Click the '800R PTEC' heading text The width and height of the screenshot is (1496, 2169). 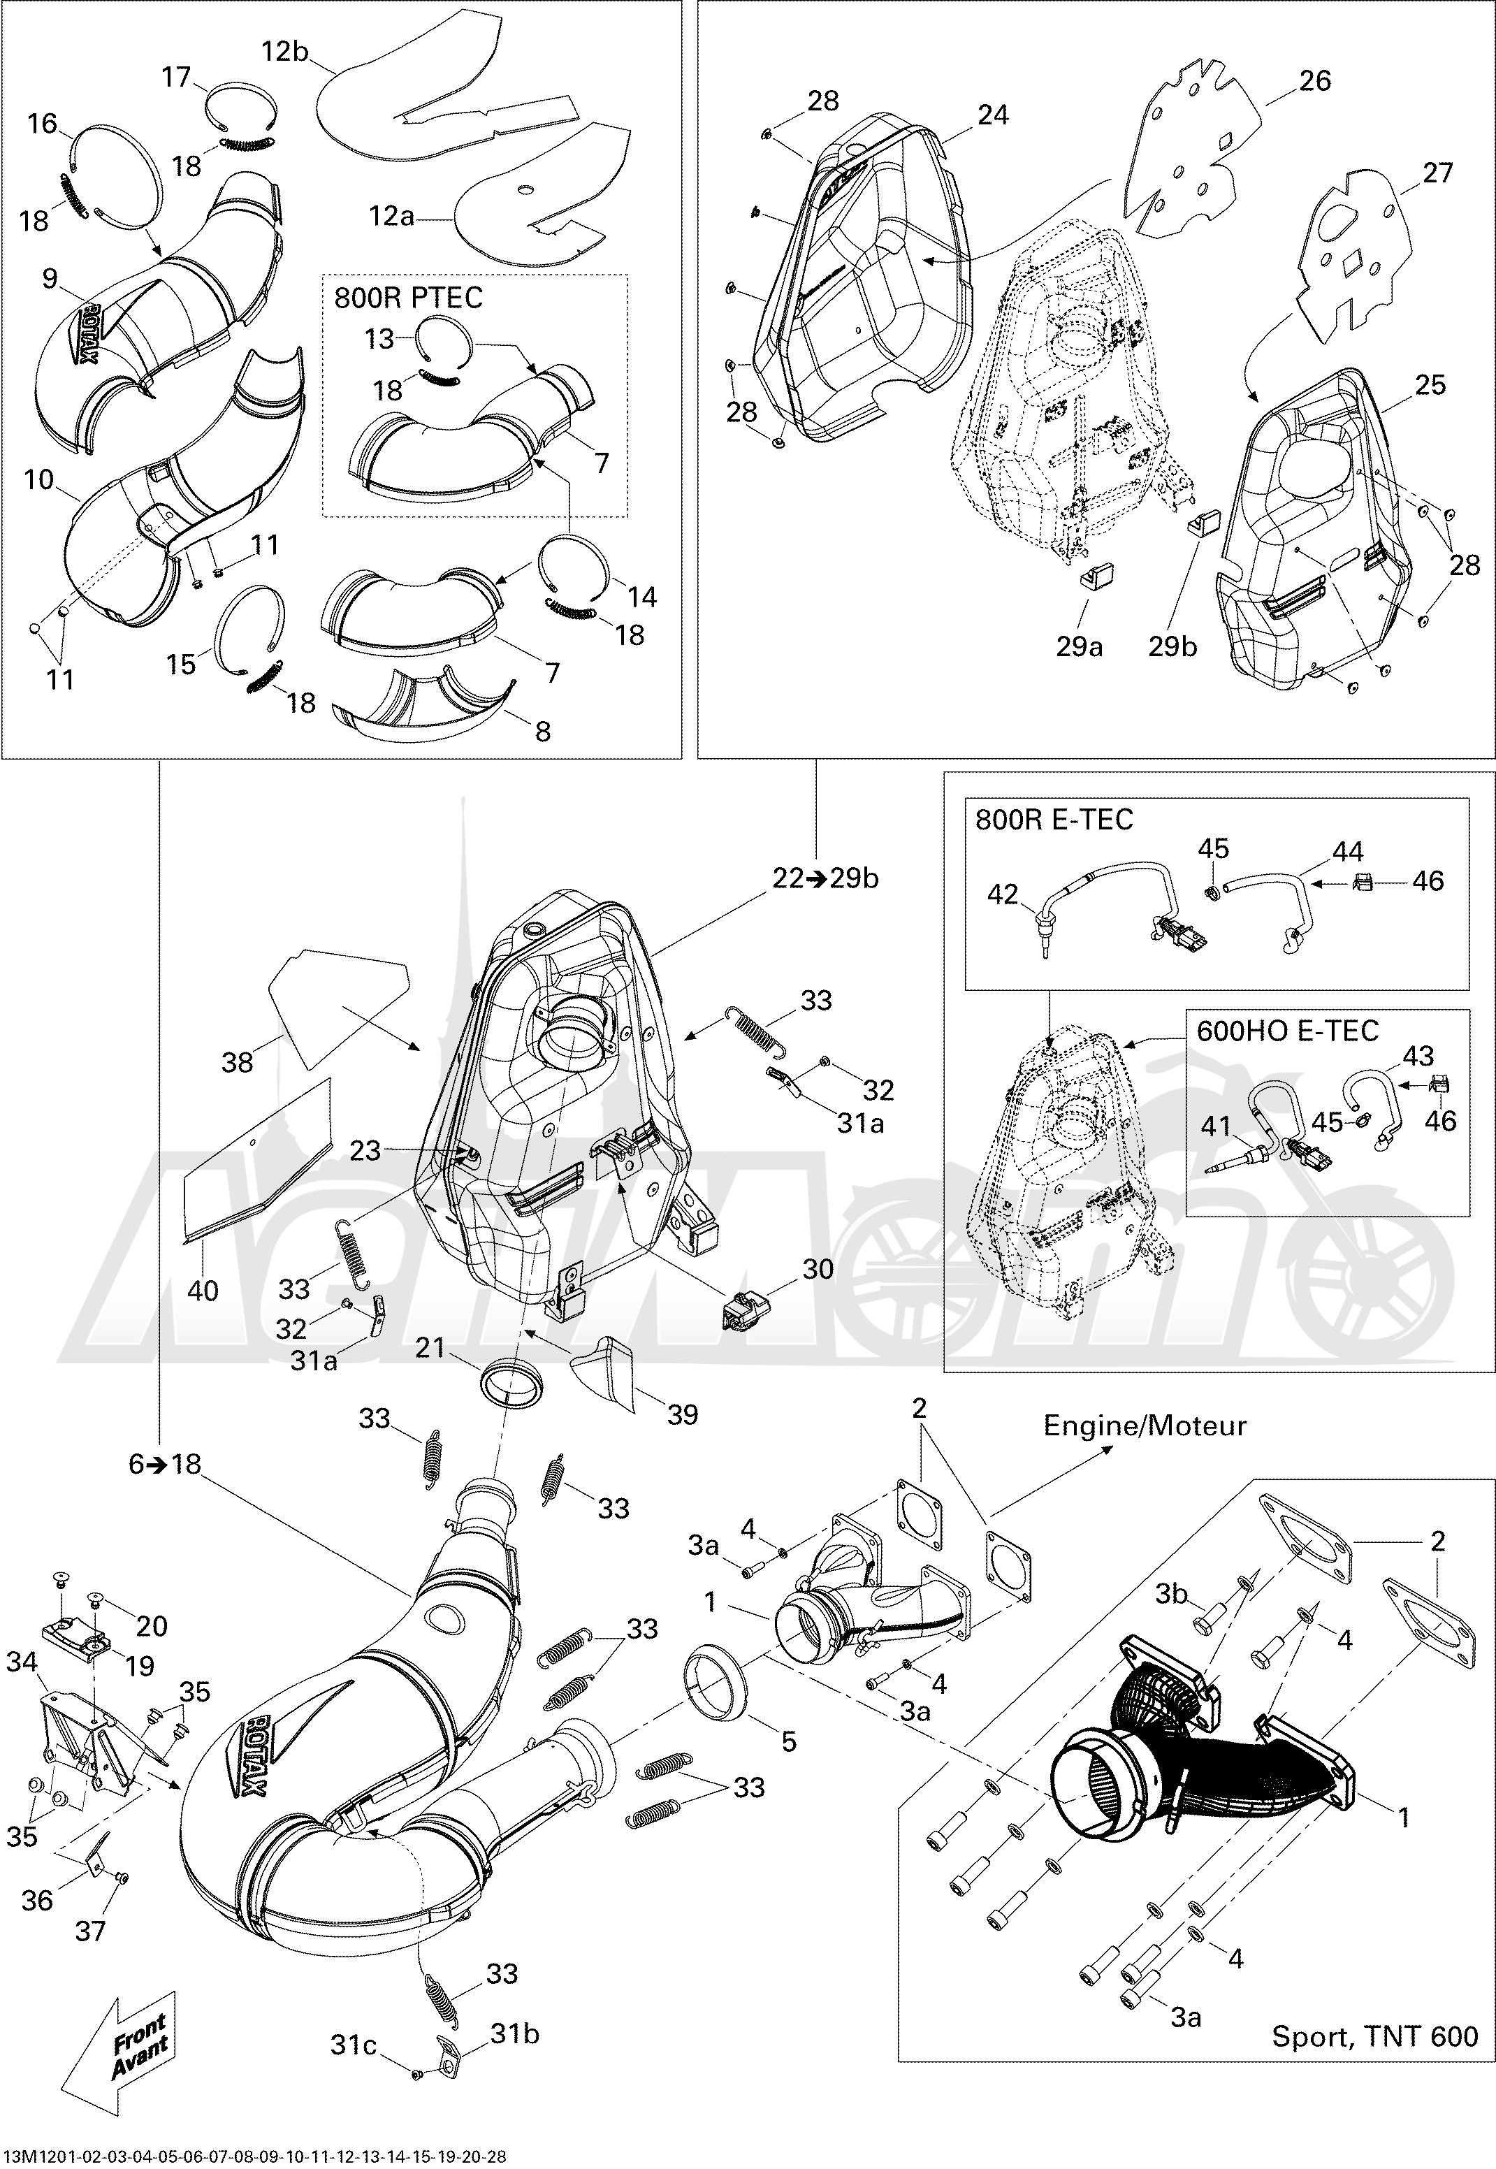(409, 298)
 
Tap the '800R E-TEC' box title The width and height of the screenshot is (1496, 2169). (1054, 820)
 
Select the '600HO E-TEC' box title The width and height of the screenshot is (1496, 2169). (1288, 1031)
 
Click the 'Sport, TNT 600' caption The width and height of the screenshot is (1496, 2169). (1374, 2062)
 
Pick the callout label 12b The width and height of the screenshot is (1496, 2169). (285, 52)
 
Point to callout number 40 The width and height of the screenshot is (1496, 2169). (203, 1291)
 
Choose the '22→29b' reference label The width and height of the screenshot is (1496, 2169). (826, 878)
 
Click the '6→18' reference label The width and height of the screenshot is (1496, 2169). (166, 1463)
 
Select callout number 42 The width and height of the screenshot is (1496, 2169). (1002, 894)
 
